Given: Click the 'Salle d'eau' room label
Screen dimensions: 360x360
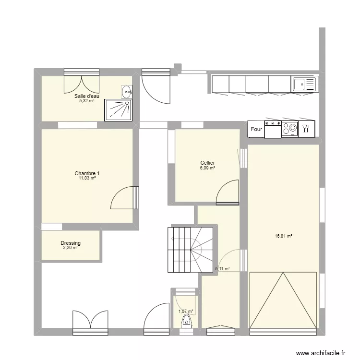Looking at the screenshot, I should (x=86, y=96).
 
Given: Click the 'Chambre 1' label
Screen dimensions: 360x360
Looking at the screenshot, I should (x=87, y=173).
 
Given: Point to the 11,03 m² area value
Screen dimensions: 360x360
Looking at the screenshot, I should (x=87, y=178).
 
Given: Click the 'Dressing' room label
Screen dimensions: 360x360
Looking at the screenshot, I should (x=71, y=243).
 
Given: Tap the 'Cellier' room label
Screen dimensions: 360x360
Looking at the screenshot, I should (x=207, y=163).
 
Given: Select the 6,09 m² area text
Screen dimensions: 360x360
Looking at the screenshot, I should (x=207, y=168).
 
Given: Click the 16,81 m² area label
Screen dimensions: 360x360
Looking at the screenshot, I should (x=284, y=236).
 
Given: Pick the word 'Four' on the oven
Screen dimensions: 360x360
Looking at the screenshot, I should (x=256, y=130).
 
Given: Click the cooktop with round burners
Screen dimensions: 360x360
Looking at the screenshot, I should (x=289, y=129).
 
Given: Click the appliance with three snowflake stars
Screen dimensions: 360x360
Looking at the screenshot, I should (x=273, y=129).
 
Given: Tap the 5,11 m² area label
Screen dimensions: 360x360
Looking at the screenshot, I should (x=222, y=269).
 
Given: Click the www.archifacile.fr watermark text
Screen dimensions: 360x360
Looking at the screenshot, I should (x=321, y=353).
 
